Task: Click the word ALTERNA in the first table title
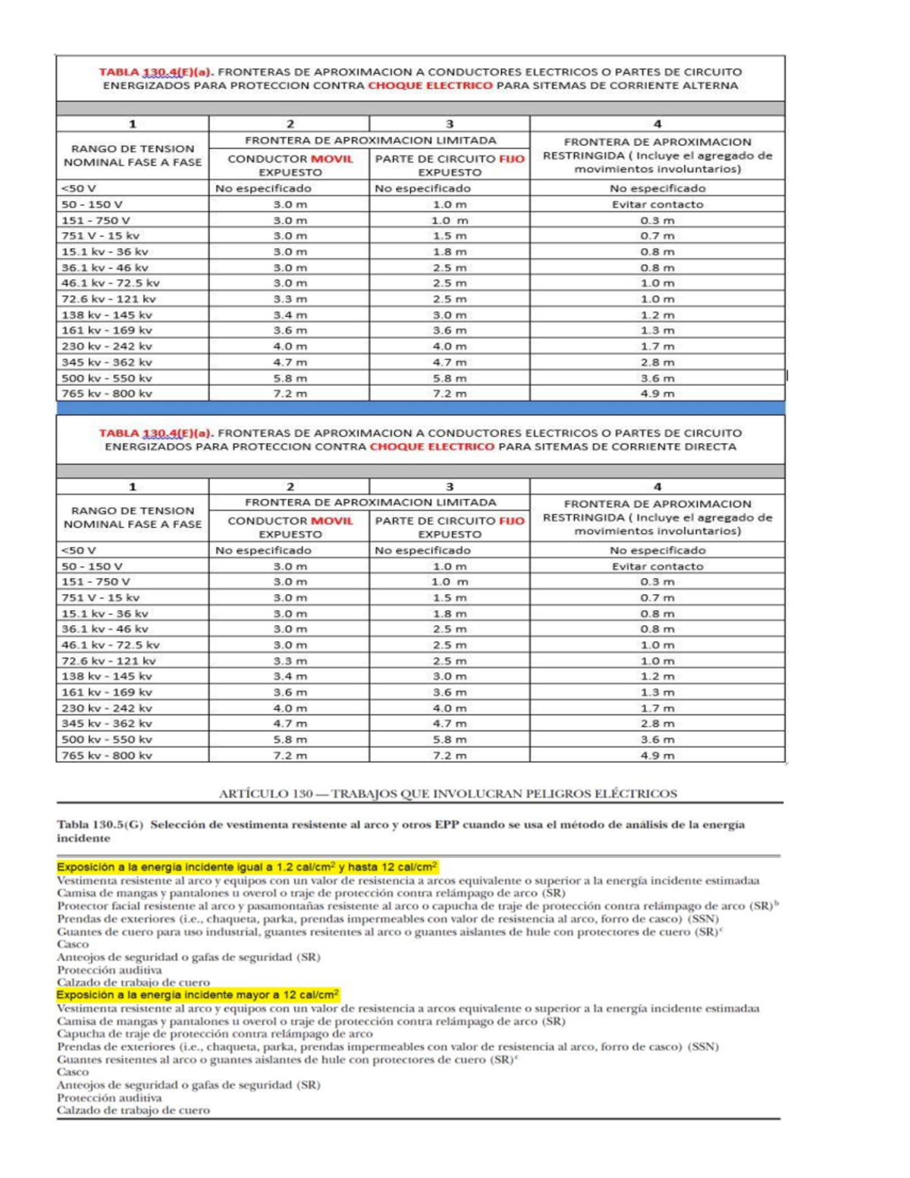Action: tap(708, 86)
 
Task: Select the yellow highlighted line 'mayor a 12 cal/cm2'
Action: tap(198, 994)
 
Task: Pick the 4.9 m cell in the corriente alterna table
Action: tap(657, 394)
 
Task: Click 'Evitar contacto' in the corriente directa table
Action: tap(657, 566)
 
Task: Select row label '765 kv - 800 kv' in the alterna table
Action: tap(107, 394)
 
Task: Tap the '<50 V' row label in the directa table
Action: tap(79, 550)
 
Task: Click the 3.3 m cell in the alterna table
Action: tap(290, 299)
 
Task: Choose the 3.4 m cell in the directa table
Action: tap(290, 676)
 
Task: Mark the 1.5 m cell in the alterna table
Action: tap(449, 236)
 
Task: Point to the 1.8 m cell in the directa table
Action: tap(449, 614)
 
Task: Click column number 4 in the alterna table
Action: tap(657, 124)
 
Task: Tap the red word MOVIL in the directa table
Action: tap(331, 520)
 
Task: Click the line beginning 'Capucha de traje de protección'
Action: tap(215, 1034)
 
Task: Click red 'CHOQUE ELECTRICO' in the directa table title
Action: tap(431, 447)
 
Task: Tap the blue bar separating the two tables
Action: tap(420, 408)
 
